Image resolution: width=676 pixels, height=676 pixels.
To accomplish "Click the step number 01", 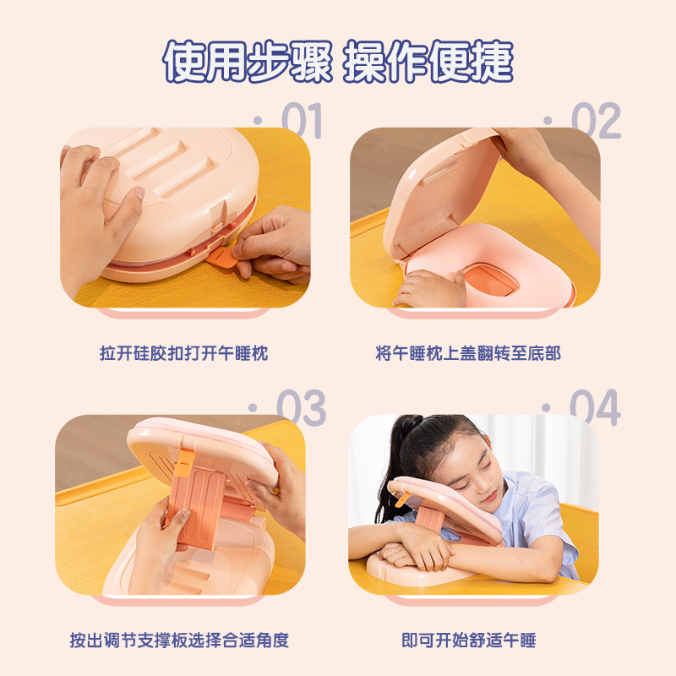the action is point(302,121).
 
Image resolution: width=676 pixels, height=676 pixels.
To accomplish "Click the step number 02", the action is point(596,121).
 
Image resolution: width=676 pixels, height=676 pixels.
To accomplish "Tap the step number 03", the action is point(301,407).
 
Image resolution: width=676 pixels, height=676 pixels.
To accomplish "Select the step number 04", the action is point(595,407).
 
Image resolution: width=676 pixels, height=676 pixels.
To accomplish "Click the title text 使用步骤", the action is point(248,61).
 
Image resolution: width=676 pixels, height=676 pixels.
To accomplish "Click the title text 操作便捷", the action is point(428,61).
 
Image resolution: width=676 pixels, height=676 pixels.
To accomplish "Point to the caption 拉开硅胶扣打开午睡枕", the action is point(184,353).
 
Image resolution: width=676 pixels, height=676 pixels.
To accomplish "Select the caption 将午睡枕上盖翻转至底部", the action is point(468,353).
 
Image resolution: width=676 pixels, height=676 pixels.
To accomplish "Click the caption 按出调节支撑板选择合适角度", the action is point(179,641).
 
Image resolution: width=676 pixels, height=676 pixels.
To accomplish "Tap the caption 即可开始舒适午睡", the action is point(469,641).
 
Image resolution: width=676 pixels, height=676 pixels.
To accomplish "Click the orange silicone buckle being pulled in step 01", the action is point(221,258).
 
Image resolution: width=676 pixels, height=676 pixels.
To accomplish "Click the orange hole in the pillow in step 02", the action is point(491,281).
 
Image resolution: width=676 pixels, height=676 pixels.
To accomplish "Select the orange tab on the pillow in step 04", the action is point(402,499).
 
